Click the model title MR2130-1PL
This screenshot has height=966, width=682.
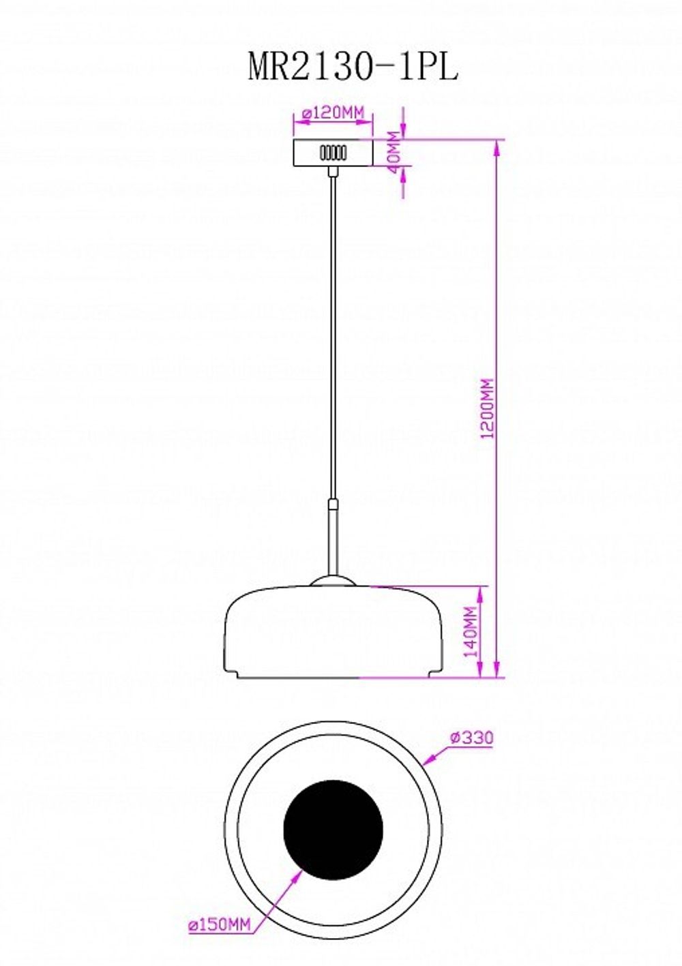(x=353, y=67)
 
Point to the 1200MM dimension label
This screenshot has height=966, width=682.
(x=488, y=409)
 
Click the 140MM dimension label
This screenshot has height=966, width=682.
(x=471, y=632)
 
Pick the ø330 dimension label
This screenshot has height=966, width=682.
(x=471, y=738)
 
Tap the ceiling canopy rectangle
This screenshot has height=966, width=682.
(x=333, y=152)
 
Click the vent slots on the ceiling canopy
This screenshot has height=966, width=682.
(x=333, y=153)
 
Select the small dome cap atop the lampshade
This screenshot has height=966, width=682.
(x=333, y=581)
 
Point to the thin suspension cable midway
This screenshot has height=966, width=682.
(x=333, y=341)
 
